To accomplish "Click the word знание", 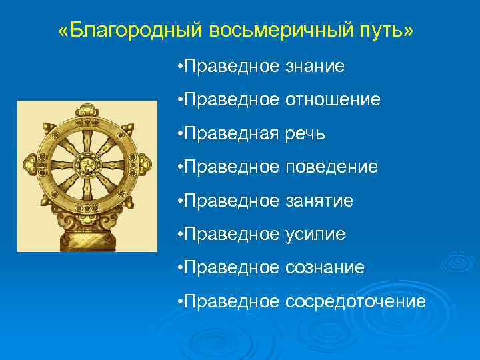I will pyautogui.click(x=315, y=66).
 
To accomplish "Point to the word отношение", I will pyautogui.click(x=333, y=100).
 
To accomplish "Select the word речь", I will pyautogui.click(x=305, y=134).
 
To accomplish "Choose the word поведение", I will pyautogui.click(x=331, y=167).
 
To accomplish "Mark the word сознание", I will pyautogui.click(x=325, y=268).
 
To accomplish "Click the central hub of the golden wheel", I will pyautogui.click(x=87, y=164).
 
